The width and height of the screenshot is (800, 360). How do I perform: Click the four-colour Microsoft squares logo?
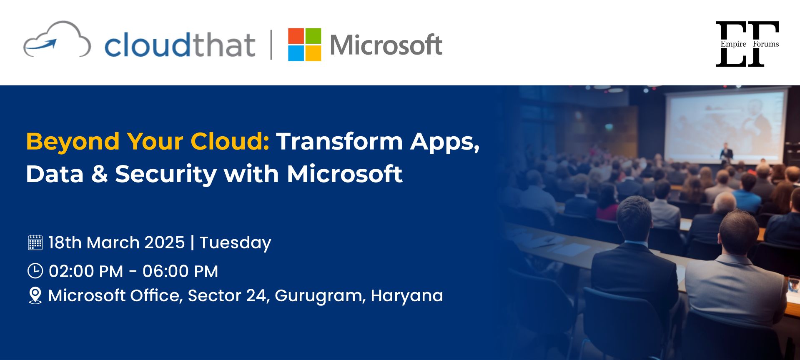point(304,45)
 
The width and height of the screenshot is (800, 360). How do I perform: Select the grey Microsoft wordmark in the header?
point(386,45)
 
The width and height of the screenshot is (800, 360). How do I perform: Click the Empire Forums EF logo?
point(747,44)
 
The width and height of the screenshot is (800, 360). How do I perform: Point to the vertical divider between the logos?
point(271,45)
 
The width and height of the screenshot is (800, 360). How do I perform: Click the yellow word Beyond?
point(73,141)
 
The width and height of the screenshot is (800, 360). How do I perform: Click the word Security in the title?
point(166,174)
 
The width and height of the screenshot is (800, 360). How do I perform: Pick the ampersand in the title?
point(99,174)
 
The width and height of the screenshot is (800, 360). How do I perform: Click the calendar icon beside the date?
point(35,242)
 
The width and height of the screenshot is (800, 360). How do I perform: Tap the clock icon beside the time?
point(35,271)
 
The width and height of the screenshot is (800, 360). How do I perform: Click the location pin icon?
point(35,296)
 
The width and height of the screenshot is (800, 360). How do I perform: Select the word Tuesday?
point(236,243)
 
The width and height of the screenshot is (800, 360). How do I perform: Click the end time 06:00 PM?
point(180,271)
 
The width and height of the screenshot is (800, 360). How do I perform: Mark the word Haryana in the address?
point(407,296)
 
